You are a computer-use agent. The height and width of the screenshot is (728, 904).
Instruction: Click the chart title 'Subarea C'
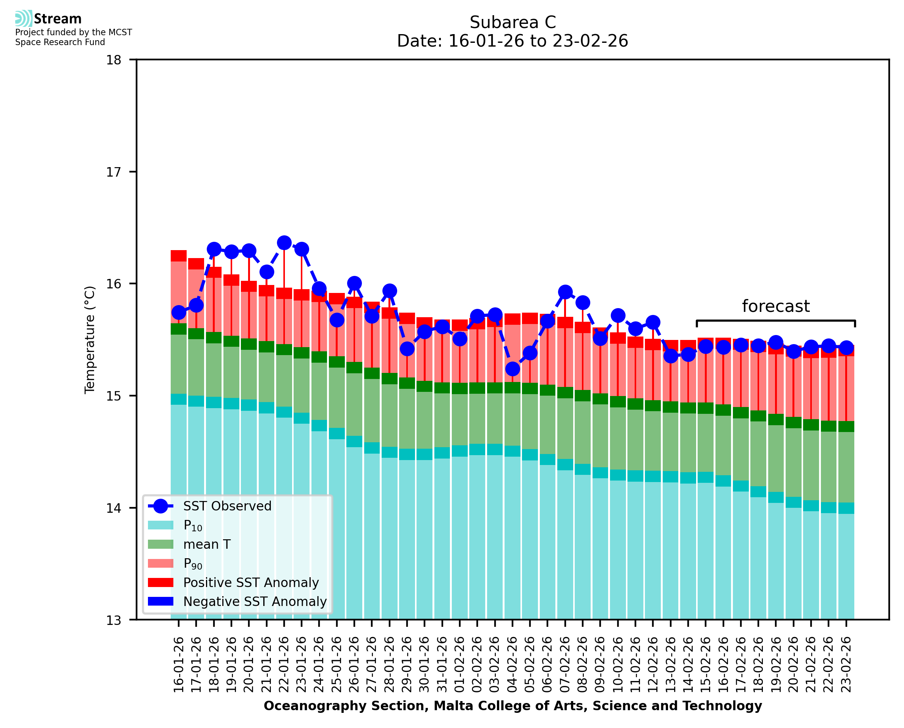(513, 22)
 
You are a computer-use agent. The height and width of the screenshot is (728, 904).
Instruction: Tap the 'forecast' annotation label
(775, 306)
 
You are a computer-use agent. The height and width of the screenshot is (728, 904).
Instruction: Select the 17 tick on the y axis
(113, 172)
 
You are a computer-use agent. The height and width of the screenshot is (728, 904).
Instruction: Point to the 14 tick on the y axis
(113, 508)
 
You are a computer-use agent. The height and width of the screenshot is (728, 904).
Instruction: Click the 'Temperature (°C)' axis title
(90, 340)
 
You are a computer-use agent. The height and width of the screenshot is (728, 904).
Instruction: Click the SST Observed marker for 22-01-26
(284, 243)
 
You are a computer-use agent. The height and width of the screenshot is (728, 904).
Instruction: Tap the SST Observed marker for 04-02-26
(513, 369)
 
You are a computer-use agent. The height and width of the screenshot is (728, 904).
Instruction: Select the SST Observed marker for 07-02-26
(565, 292)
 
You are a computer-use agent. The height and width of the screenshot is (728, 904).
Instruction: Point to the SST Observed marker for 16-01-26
(179, 312)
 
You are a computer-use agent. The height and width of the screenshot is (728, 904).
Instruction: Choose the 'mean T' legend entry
(207, 544)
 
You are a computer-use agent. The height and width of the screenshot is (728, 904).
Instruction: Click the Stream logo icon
(24, 19)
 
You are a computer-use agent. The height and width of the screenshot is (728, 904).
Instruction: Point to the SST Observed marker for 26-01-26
(354, 283)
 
